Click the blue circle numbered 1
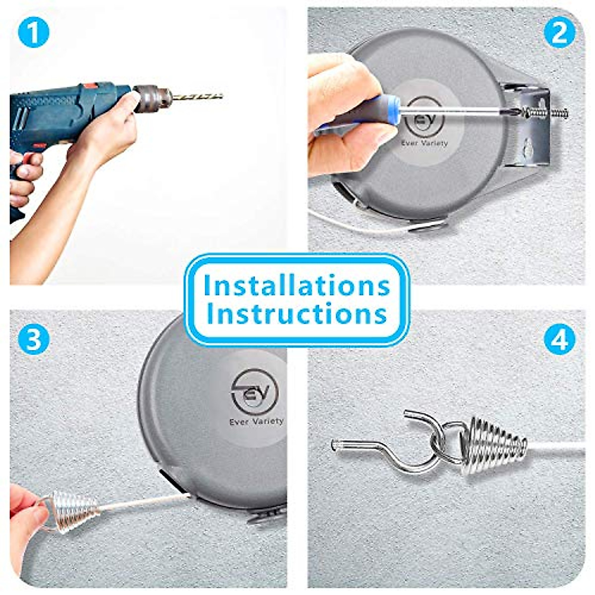point(33,33)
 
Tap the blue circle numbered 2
point(559,33)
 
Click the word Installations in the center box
point(297,286)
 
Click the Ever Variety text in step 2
point(424,143)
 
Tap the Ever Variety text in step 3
point(256,421)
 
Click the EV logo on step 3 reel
point(254,392)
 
